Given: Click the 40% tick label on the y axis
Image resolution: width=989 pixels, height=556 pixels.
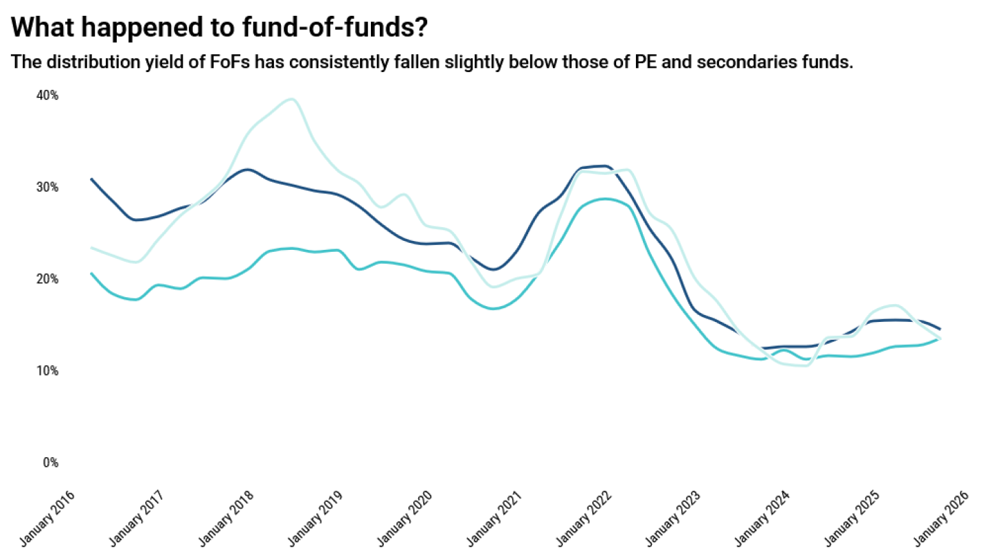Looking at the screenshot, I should pos(47,95).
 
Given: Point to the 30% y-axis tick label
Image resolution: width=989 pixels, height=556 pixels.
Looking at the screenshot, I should pos(47,187).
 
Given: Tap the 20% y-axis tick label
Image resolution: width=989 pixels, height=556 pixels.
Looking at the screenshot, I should pos(47,279).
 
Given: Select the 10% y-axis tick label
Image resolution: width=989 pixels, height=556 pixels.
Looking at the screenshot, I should pos(47,371).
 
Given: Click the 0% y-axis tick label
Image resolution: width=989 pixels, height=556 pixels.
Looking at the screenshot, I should pos(50,463).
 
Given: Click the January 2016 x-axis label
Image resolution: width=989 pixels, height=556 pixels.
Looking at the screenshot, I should pos(47,518).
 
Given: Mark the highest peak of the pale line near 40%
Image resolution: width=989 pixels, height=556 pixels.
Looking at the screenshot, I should pos(291,99).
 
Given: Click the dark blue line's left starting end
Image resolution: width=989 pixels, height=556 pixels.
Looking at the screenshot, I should pos(92,179).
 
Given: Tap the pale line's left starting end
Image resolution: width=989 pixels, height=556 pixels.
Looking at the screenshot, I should pos(92,248).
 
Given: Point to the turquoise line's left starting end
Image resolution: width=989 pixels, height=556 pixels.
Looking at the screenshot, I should pos(92,273).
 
